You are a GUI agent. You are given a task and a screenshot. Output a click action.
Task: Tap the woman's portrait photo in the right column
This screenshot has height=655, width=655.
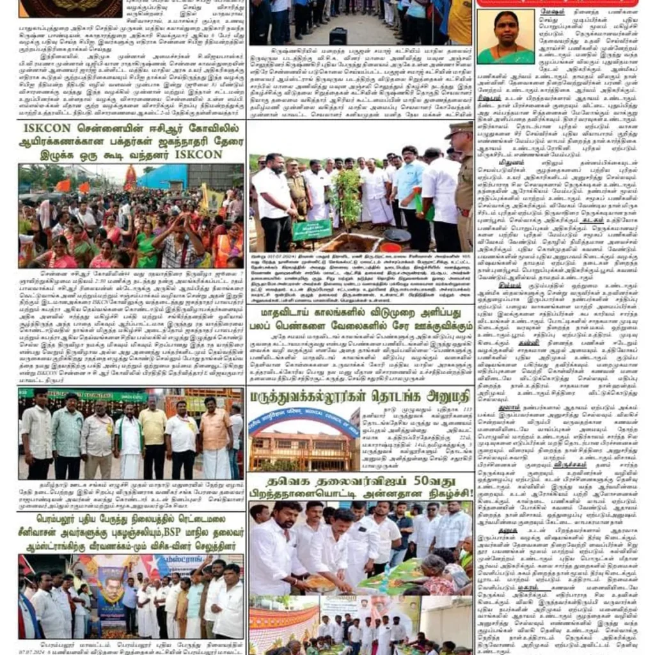tap(505, 37)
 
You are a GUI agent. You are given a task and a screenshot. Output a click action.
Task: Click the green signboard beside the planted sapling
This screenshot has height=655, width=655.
tap(312, 230)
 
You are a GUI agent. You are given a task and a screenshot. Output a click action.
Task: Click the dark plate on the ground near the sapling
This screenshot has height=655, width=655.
tap(397, 235)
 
